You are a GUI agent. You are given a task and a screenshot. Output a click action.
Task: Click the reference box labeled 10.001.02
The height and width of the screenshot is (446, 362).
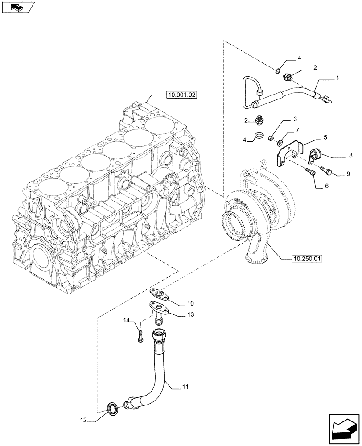[x=182, y=95]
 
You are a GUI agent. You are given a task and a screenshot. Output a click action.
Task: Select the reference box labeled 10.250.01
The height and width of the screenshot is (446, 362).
[x=308, y=258]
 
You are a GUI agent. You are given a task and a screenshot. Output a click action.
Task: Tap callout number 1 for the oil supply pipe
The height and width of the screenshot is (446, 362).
[x=337, y=78]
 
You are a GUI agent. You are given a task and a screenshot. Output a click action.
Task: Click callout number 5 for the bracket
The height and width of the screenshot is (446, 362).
[x=327, y=138]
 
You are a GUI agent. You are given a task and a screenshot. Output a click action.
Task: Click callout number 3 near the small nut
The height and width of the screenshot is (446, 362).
[x=295, y=120]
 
